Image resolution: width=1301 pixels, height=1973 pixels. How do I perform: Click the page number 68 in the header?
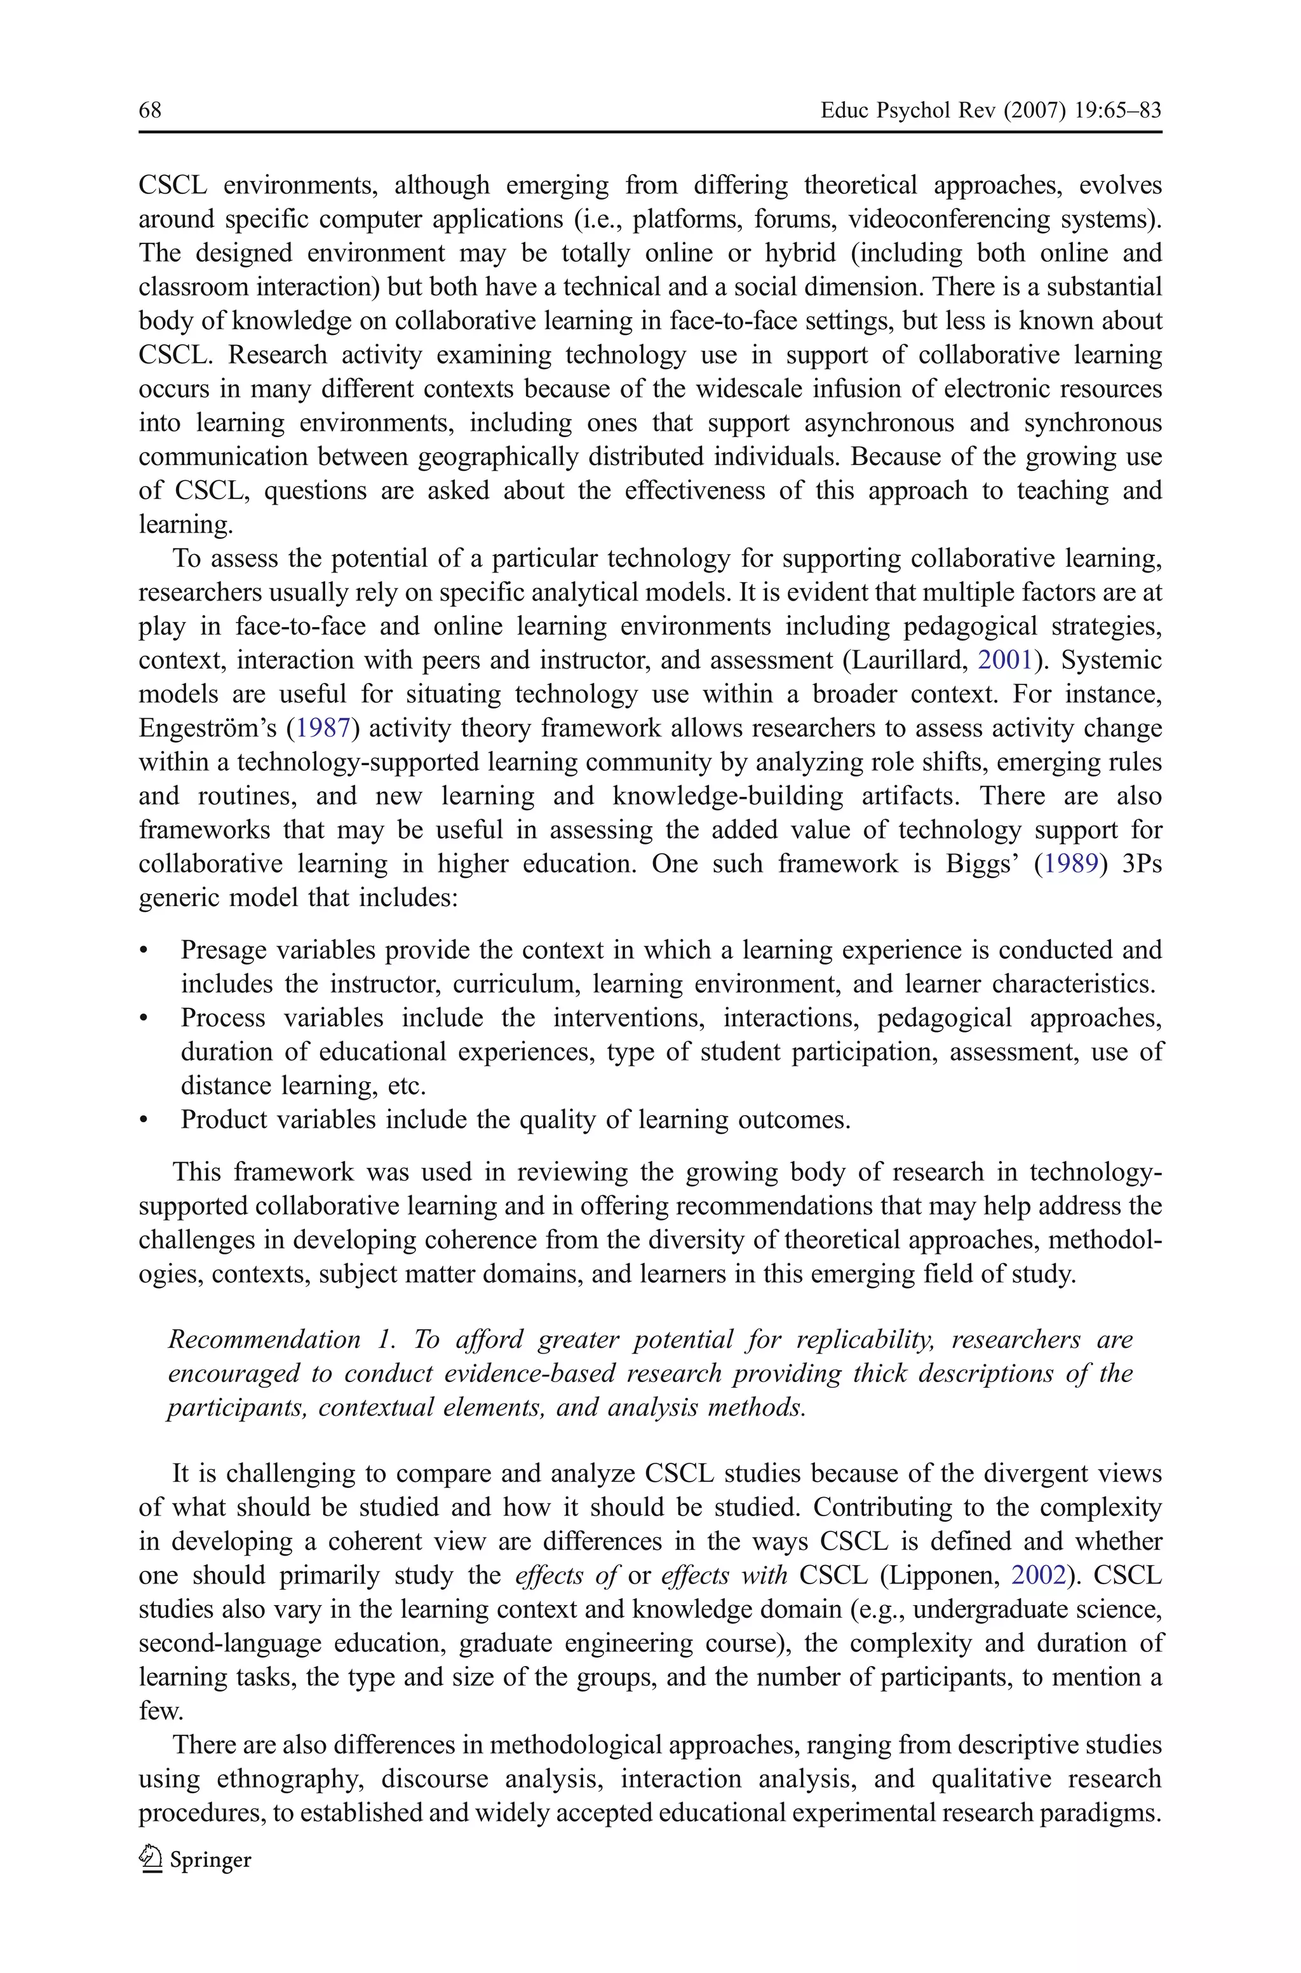point(150,111)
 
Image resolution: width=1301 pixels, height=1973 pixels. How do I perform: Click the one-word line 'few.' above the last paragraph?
point(160,1712)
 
